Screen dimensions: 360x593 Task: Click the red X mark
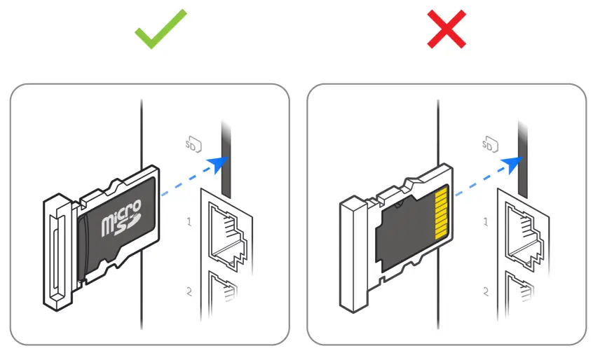(x=447, y=29)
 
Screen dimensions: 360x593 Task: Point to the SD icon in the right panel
(x=489, y=145)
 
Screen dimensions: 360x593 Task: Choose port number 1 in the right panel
(x=486, y=222)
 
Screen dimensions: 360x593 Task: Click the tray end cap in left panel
(x=56, y=252)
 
